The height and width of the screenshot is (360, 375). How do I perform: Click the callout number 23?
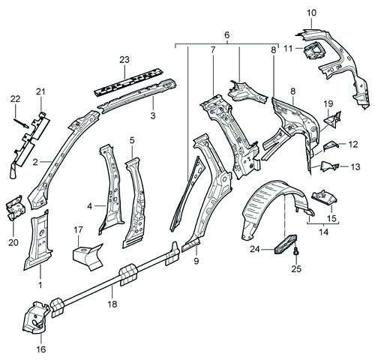coord(124,59)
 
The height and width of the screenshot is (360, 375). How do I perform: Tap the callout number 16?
coord(40,349)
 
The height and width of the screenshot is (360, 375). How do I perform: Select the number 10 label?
coord(312,13)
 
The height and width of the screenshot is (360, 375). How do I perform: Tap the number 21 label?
coord(40,91)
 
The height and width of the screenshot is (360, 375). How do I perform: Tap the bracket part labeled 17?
coord(86,254)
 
